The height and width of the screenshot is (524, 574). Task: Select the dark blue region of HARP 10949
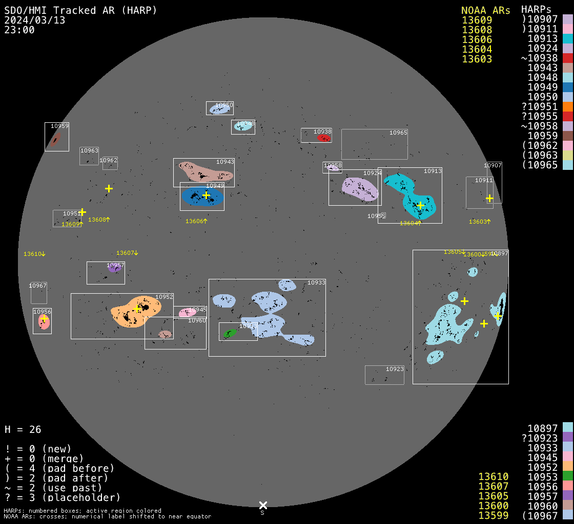[192, 197]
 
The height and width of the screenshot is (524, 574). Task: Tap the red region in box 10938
[324, 138]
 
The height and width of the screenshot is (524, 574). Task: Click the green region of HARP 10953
[230, 333]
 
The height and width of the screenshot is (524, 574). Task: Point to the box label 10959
[59, 126]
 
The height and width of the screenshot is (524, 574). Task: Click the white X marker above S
[263, 505]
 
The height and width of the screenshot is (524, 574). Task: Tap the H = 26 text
[23, 429]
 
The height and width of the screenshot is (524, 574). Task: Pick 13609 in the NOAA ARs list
[477, 20]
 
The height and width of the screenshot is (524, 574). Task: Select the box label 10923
[395, 369]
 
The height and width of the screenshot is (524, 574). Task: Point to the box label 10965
[398, 133]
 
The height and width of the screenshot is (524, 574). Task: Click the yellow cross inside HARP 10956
[44, 318]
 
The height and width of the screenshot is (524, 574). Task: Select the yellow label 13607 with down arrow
[127, 253]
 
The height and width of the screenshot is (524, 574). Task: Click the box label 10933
[316, 282]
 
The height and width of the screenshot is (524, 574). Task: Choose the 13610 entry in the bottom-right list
[493, 476]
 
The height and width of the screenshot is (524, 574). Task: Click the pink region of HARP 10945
[185, 313]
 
